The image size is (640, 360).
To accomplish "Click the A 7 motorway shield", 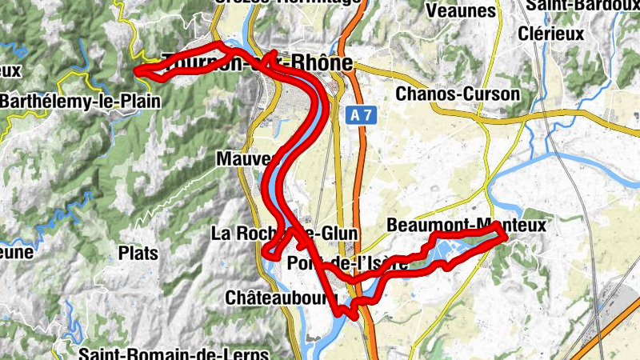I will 362,116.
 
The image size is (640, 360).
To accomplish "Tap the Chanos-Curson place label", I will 458,94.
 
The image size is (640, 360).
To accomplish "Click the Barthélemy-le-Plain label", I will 80,102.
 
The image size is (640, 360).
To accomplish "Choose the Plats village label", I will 138,253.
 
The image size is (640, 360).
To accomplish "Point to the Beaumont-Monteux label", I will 466,226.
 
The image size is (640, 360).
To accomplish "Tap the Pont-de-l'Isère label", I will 347,264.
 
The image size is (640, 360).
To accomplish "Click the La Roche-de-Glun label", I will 285,234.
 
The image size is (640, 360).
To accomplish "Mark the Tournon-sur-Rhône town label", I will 256,62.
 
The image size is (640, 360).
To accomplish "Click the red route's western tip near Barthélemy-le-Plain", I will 137,72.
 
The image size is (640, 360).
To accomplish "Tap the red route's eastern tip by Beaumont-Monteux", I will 506,235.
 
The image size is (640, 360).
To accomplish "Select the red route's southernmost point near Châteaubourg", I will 353,316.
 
